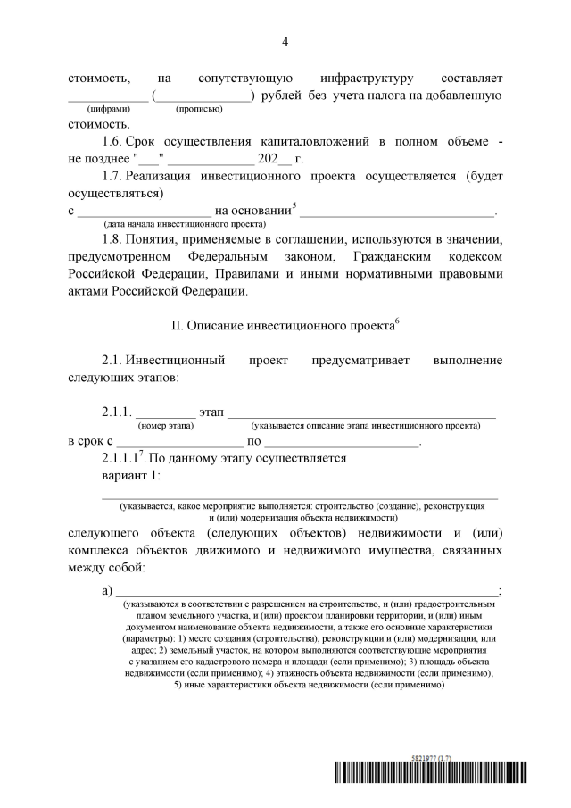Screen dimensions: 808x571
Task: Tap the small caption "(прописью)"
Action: pyautogui.click(x=199, y=109)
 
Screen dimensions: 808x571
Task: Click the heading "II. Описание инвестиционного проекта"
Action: pyautogui.click(x=285, y=327)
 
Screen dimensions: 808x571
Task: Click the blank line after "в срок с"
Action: pyautogui.click(x=179, y=442)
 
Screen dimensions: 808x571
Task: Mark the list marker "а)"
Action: pyautogui.click(x=109, y=591)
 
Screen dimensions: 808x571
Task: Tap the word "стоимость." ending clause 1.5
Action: pyautogui.click(x=99, y=123)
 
